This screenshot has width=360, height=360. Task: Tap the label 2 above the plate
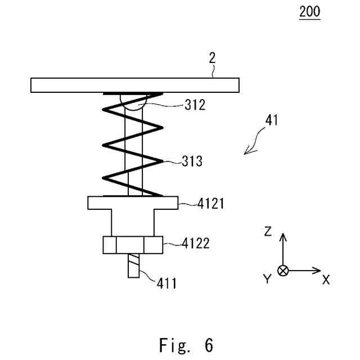tap(212, 57)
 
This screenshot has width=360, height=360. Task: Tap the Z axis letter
tap(268, 231)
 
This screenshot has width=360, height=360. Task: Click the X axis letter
tap(326, 280)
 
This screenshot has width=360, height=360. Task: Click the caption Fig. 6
tap(186, 344)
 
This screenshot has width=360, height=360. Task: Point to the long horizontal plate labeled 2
tap(136, 85)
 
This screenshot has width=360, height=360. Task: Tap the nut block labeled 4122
tap(133, 245)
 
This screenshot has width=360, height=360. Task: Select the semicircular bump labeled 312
tap(133, 101)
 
